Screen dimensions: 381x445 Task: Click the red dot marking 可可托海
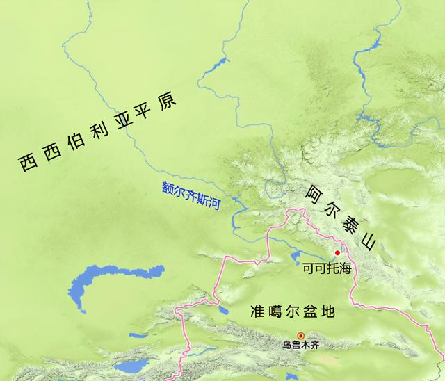(337, 252)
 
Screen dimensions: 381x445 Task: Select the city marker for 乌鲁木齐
(300, 335)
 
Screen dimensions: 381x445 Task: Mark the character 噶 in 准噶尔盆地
(275, 312)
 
